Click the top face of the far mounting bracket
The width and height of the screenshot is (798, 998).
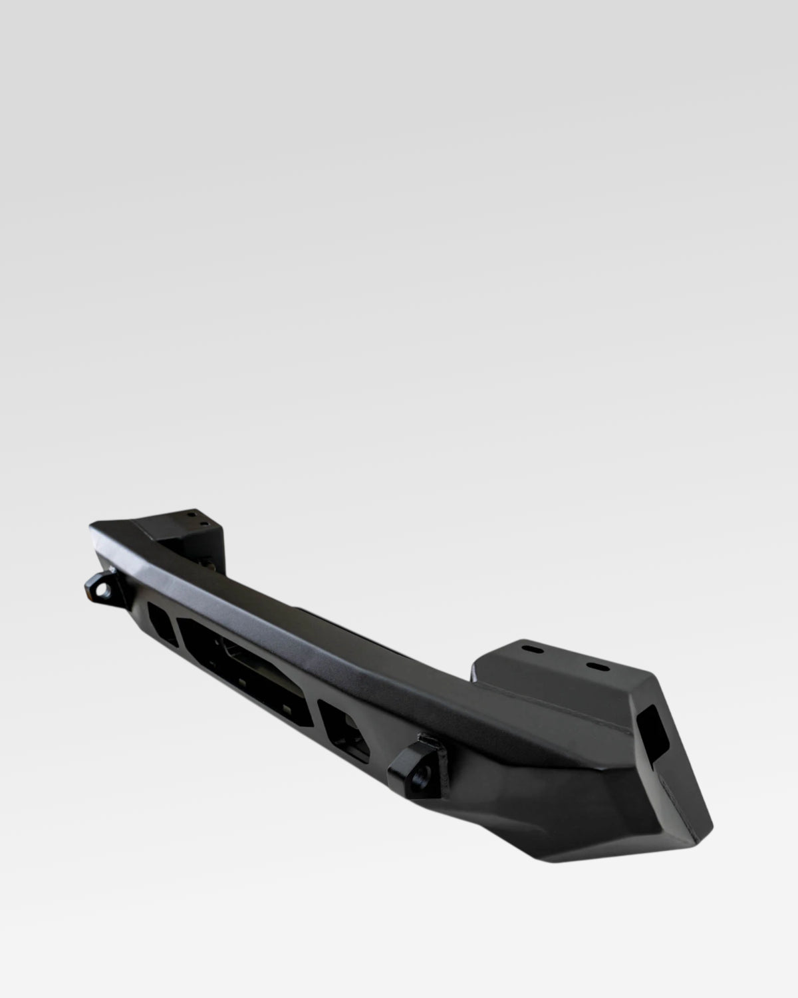pos(183,519)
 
